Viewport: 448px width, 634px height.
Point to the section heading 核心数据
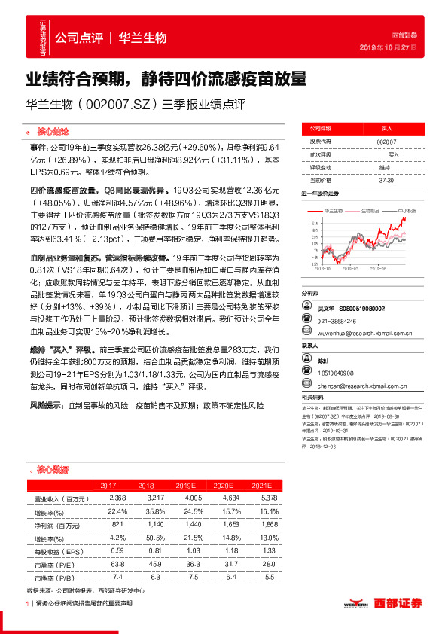[51, 469]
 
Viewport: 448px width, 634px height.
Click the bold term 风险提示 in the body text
[47, 405]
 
